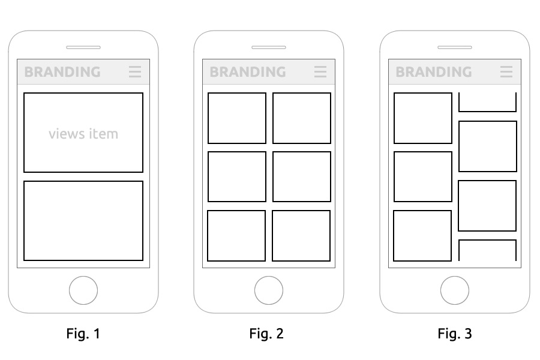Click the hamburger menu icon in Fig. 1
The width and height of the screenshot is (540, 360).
[x=135, y=71]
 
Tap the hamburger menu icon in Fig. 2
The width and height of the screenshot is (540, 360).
[x=320, y=71]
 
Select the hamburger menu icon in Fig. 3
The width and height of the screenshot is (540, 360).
[x=506, y=71]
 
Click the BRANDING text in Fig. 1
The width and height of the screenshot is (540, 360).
[x=62, y=72]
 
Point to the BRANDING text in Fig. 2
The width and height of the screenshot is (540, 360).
[x=248, y=72]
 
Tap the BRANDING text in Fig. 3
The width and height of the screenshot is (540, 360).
[x=434, y=72]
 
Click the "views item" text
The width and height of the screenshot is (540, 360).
[x=83, y=134]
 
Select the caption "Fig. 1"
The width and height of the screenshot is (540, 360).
[x=83, y=334]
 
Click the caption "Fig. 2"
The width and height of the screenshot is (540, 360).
[x=266, y=334]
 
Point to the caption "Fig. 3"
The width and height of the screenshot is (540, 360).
[x=455, y=334]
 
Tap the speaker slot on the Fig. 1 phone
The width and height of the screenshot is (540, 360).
[x=83, y=47]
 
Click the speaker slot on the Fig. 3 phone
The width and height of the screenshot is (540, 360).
[x=455, y=47]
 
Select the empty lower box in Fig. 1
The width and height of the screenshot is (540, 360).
[x=83, y=182]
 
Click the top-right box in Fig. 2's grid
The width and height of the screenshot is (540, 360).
[x=302, y=93]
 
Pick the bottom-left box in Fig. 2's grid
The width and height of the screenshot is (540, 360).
[x=236, y=211]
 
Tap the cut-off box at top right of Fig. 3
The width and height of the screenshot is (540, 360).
[x=487, y=111]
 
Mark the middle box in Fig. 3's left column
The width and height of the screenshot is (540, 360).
[x=423, y=152]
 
